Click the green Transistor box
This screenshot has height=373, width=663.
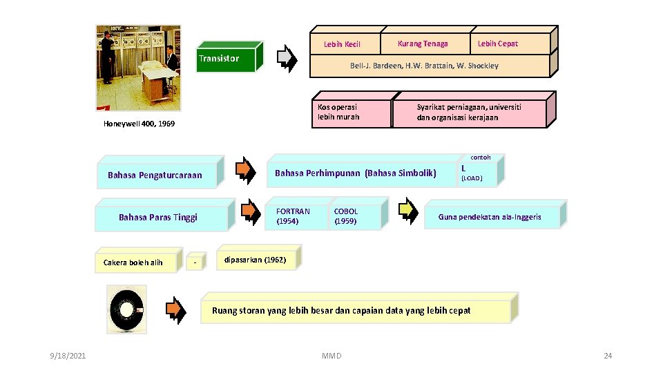tap(227, 59)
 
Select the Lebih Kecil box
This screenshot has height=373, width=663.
tap(343, 44)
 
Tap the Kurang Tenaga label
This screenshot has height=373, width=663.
tap(423, 44)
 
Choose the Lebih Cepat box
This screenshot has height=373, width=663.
tap(498, 44)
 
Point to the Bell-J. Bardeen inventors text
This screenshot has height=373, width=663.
tap(424, 66)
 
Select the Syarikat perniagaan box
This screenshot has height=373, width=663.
tap(469, 112)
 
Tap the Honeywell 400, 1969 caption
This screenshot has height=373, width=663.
tap(139, 124)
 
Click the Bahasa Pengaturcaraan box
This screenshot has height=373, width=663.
tap(155, 175)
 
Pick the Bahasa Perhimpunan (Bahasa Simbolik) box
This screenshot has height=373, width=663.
tap(356, 173)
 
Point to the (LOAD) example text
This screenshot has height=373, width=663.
tap(472, 179)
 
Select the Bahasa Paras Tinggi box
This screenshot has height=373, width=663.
tap(158, 217)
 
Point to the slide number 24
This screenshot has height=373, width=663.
tap(608, 356)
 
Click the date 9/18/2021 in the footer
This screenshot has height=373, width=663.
tap(68, 356)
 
